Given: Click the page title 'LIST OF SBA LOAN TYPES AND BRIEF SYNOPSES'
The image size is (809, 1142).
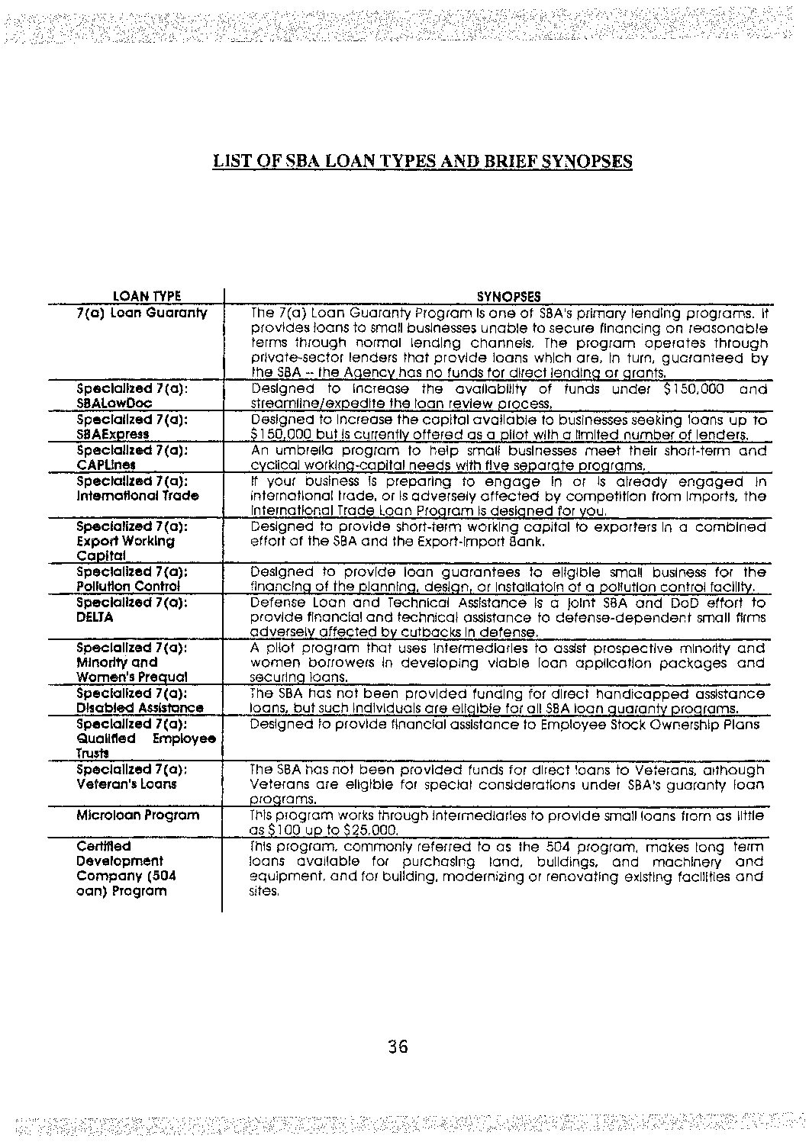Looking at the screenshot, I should pyautogui.click(x=422, y=161).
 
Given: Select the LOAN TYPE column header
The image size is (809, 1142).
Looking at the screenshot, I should pyautogui.click(x=147, y=296).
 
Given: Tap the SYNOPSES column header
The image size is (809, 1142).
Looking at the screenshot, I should pyautogui.click(x=508, y=296).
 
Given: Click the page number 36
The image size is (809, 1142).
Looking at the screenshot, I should pyautogui.click(x=398, y=1046).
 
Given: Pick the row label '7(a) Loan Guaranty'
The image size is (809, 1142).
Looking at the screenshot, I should pyautogui.click(x=142, y=313).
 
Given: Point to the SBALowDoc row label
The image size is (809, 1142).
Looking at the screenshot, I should pyautogui.click(x=114, y=404).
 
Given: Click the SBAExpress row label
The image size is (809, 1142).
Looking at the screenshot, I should pyautogui.click(x=113, y=434).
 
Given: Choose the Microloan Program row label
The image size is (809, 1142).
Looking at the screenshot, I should pyautogui.click(x=138, y=815).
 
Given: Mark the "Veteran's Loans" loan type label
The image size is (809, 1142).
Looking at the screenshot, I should pyautogui.click(x=127, y=783).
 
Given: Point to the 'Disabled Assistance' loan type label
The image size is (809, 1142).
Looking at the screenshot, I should pyautogui.click(x=140, y=708).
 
